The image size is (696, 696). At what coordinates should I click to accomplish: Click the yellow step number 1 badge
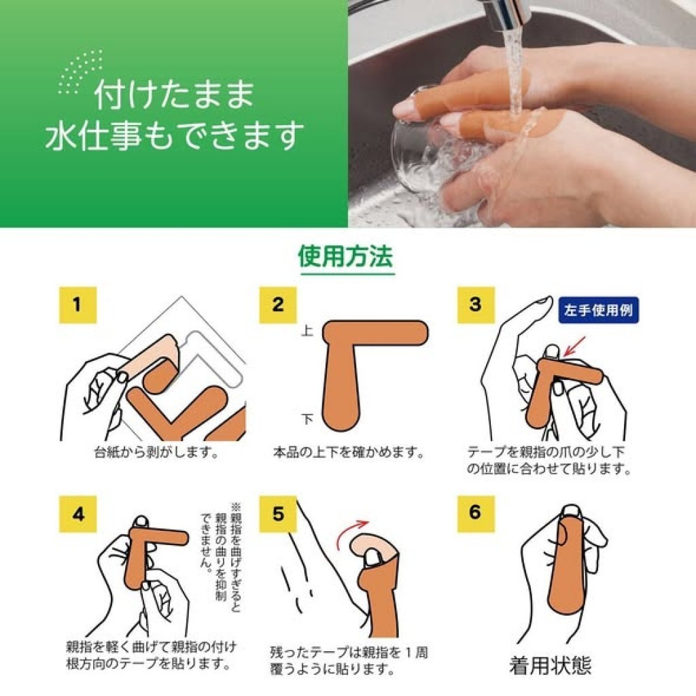77,305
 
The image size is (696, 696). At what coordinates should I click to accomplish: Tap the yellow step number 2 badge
278,305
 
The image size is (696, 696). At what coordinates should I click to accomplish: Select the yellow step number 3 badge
476,305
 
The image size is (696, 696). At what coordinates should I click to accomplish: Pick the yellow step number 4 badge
77,514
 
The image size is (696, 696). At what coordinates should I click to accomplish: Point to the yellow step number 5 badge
278,514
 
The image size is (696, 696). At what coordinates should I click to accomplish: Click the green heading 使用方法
346,256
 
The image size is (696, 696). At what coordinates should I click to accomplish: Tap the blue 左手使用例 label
598,310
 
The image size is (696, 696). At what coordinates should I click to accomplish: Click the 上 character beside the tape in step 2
307,331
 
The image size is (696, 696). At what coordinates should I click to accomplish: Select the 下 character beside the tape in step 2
307,419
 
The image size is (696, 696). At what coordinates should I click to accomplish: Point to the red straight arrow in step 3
574,346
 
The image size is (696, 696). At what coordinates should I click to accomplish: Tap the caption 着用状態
551,666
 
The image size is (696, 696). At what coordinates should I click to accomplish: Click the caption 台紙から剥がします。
157,452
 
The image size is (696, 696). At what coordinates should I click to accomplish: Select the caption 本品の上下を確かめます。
349,452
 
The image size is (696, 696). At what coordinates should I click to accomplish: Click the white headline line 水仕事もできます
175,136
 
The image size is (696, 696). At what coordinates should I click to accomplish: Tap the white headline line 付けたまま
174,94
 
